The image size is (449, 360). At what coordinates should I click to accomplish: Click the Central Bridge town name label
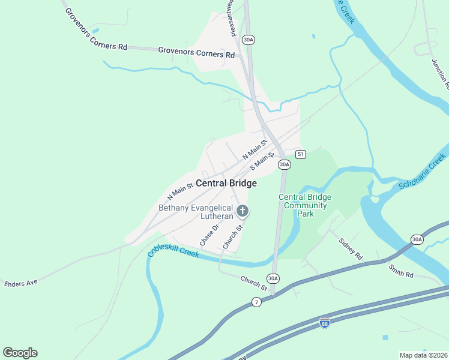[x=226, y=184]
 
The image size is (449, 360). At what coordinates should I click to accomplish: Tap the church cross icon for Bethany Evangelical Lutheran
[x=243, y=211]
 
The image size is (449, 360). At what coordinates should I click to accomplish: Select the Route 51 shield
[x=301, y=154]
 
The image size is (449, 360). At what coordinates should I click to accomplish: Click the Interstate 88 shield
[x=324, y=323]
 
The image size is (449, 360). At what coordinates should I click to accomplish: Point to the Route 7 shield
[x=257, y=302]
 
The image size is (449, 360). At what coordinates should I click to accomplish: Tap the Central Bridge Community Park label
[x=305, y=205]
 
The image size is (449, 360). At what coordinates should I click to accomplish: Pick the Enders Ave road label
[x=21, y=283]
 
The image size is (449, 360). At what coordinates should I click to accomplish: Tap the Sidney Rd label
[x=351, y=249]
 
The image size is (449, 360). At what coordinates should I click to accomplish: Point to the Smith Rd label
[x=400, y=271]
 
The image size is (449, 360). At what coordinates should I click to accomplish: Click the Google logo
[x=20, y=353]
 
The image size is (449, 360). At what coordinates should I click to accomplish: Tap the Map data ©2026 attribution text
[x=423, y=355]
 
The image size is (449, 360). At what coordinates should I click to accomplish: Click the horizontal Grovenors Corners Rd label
[x=196, y=52]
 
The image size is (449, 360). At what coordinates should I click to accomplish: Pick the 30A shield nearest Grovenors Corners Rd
[x=249, y=40]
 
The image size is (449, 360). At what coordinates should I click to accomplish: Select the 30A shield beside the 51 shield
[x=284, y=164]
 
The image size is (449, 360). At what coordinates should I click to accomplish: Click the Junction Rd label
[x=440, y=72]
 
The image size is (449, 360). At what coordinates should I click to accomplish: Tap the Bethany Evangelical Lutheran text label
[x=195, y=213]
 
